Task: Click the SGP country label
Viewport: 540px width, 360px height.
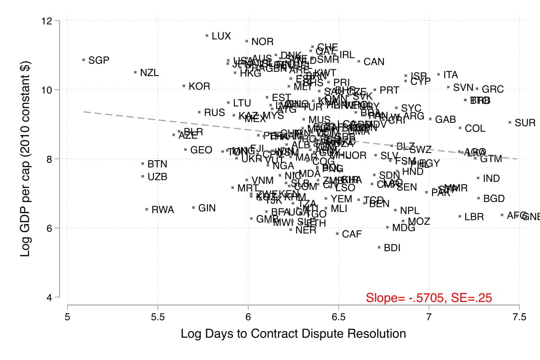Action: click(99, 60)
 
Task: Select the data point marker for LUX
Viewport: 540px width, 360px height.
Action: click(207, 36)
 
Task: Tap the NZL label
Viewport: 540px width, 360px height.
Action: click(149, 72)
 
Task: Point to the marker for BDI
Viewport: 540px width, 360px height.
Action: click(379, 247)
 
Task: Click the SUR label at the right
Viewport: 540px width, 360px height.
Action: click(525, 122)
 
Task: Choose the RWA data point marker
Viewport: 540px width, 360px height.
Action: click(147, 209)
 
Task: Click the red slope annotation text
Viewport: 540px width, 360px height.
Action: click(428, 297)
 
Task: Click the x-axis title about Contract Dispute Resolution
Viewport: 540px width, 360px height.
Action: click(293, 334)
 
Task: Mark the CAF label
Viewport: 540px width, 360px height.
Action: click(352, 234)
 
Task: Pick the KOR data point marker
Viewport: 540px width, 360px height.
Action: click(184, 85)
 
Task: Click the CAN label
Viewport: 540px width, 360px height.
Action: click(374, 62)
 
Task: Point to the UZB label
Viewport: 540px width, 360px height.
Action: click(157, 177)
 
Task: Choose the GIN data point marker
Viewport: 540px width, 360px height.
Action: click(193, 208)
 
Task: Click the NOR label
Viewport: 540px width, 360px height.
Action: click(262, 42)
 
